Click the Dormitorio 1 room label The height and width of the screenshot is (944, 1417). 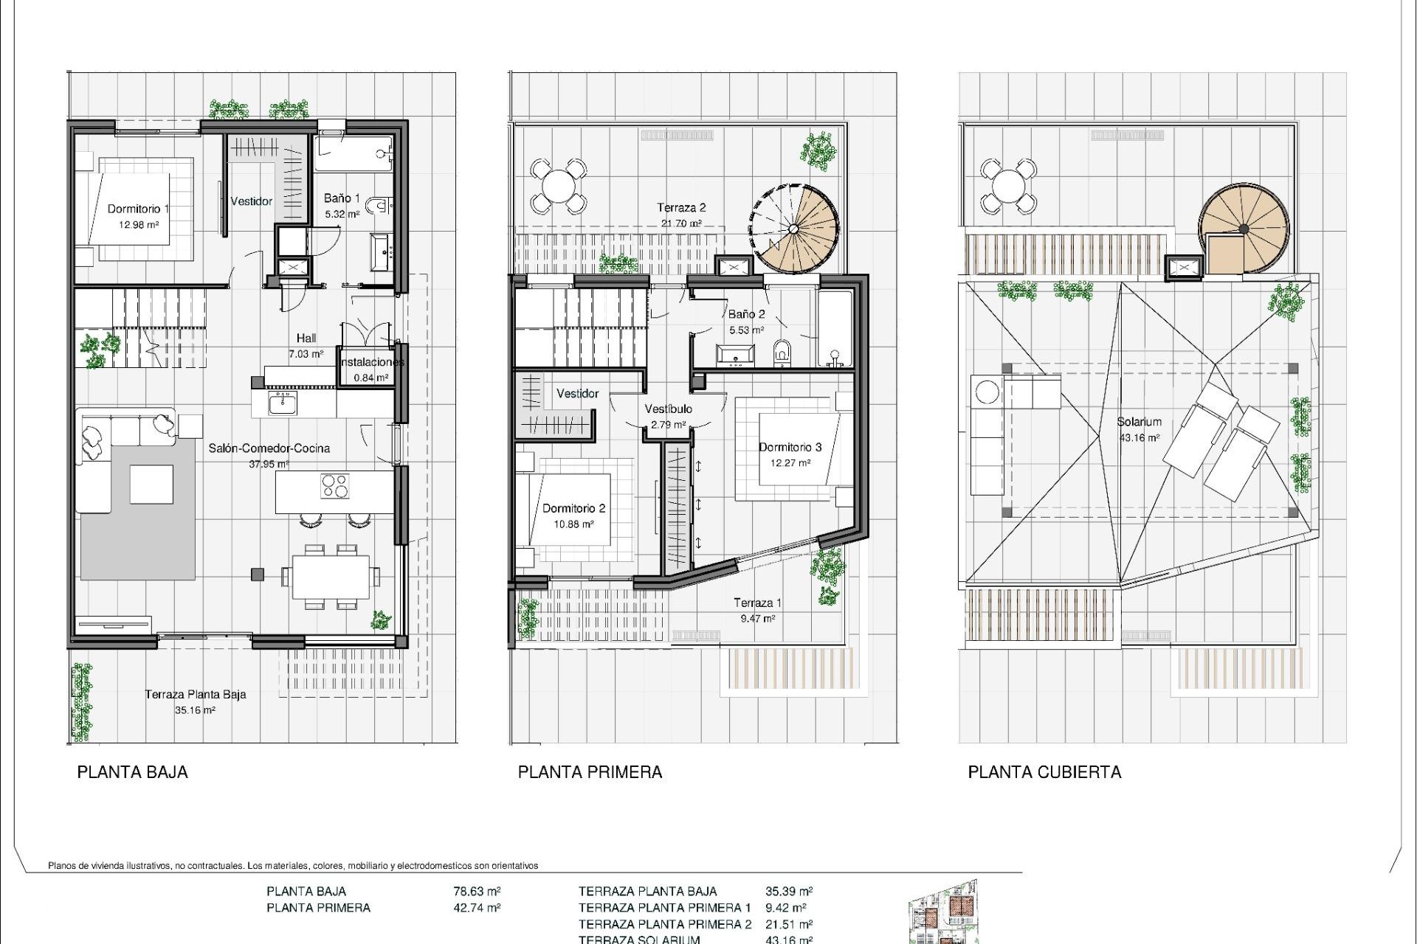pyautogui.click(x=138, y=209)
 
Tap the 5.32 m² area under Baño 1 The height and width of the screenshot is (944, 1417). pyautogui.click(x=342, y=215)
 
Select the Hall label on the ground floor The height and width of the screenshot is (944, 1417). pyautogui.click(x=306, y=338)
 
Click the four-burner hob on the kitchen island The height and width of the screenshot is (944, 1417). pyautogui.click(x=335, y=485)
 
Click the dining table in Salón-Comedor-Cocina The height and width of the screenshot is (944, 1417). pyautogui.click(x=331, y=577)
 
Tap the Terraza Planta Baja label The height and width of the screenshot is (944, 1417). pyautogui.click(x=195, y=694)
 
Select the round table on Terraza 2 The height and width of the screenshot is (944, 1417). pyautogui.click(x=559, y=184)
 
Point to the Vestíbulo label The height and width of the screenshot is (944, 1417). pyautogui.click(x=668, y=409)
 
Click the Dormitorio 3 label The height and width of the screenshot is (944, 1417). pyautogui.click(x=790, y=447)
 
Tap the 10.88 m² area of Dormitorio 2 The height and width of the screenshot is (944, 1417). pyautogui.click(x=573, y=524)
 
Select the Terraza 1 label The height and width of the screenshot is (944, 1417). pyautogui.click(x=757, y=603)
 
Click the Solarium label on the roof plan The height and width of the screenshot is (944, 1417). pyautogui.click(x=1139, y=422)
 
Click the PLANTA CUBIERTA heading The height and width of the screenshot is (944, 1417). pyautogui.click(x=1044, y=772)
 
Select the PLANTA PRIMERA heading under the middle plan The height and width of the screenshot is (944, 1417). pyautogui.click(x=590, y=772)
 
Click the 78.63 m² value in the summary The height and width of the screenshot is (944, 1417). pyautogui.click(x=477, y=891)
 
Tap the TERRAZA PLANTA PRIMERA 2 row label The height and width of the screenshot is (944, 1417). pyautogui.click(x=664, y=924)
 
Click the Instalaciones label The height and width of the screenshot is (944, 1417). pyautogui.click(x=371, y=362)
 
